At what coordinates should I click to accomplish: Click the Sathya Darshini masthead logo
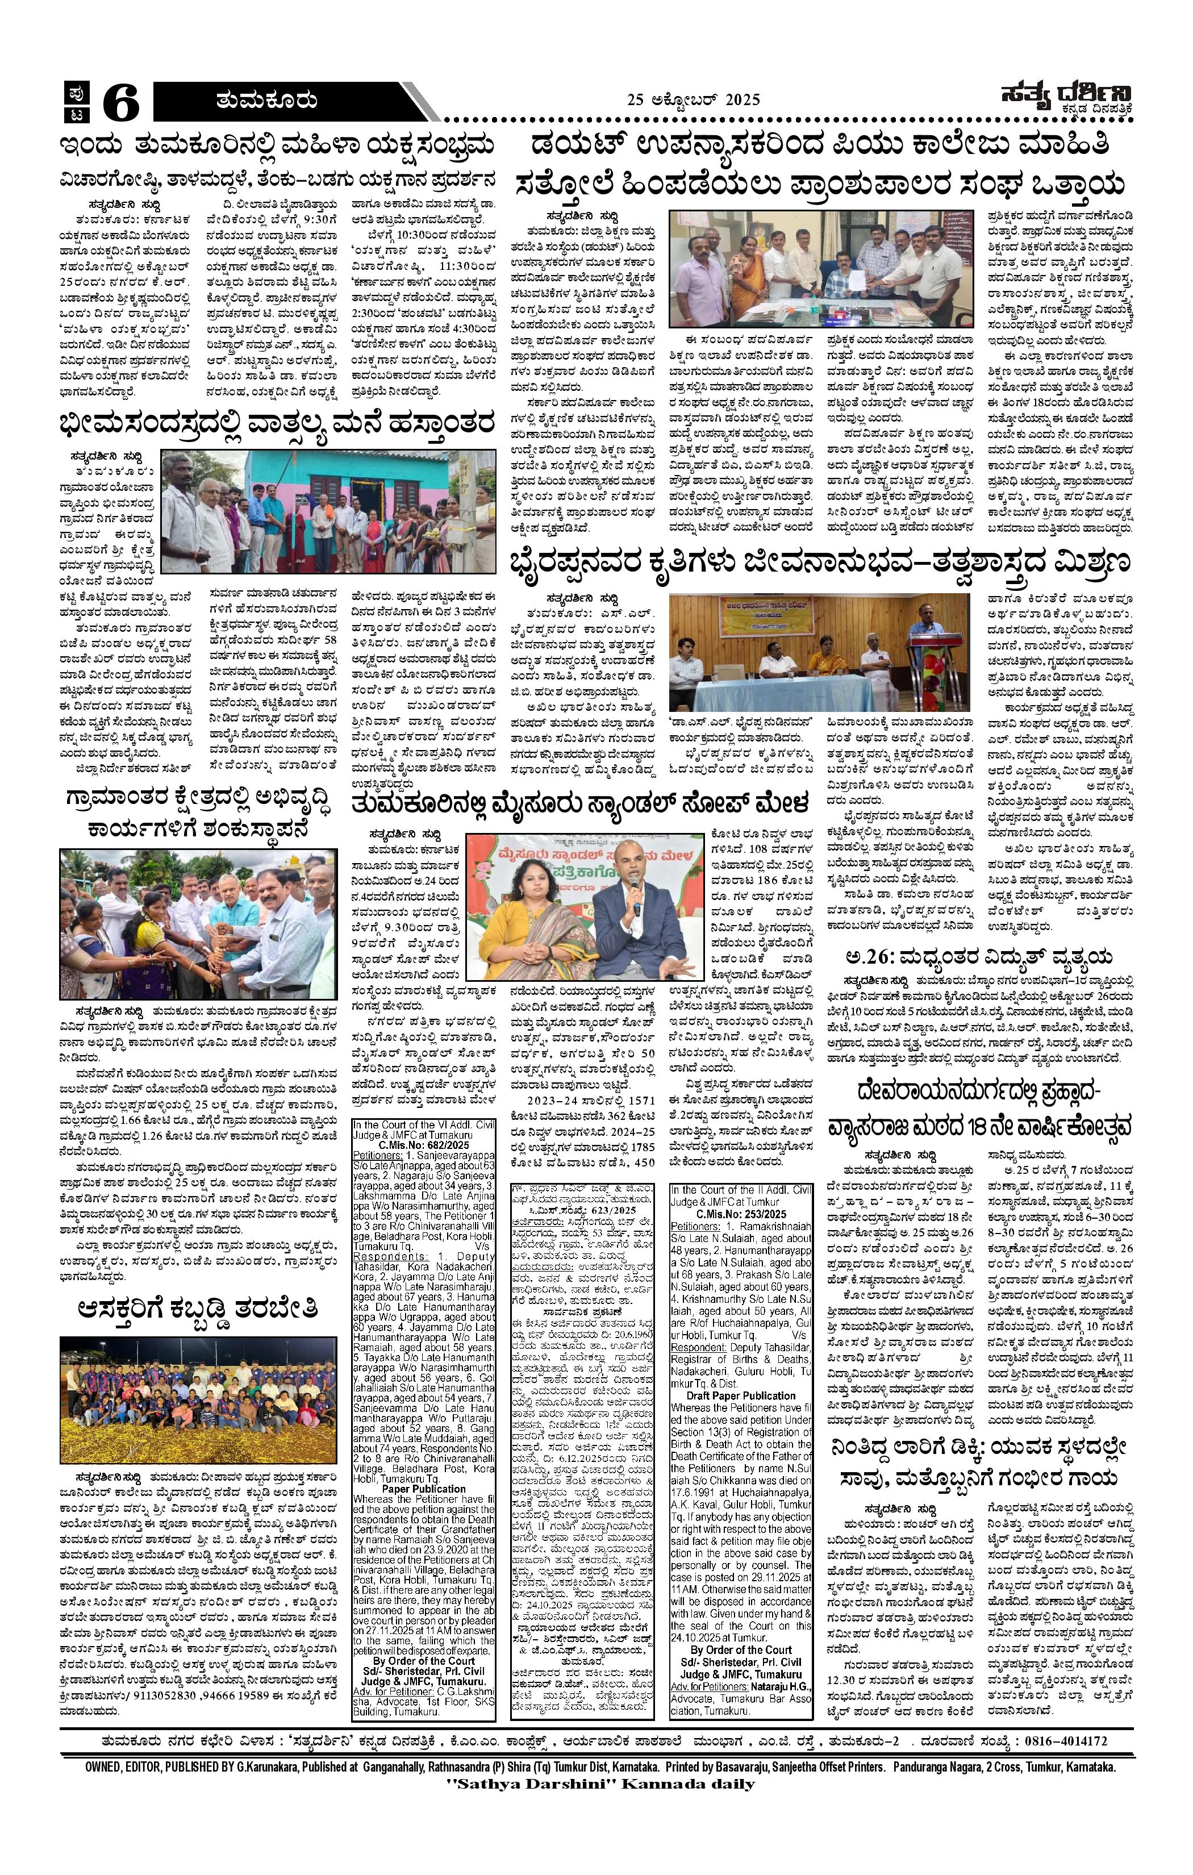tap(1065, 99)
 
